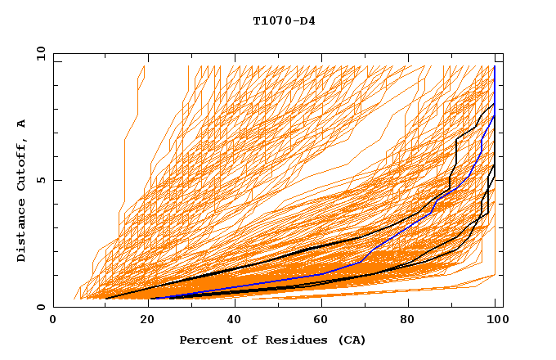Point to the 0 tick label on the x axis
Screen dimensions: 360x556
(x=53, y=321)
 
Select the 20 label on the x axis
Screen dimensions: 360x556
(x=141, y=321)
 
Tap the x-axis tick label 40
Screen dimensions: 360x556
(x=231, y=321)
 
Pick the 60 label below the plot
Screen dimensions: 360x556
(x=319, y=321)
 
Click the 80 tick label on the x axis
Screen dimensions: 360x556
(x=408, y=321)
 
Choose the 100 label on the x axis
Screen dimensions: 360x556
(x=495, y=321)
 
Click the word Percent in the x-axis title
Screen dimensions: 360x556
(x=204, y=340)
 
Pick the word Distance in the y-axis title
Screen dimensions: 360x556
(x=21, y=234)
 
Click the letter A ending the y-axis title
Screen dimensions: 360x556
(x=21, y=123)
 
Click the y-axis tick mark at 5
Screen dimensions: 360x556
(x=56, y=180)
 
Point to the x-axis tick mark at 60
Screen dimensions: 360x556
(x=319, y=304)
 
